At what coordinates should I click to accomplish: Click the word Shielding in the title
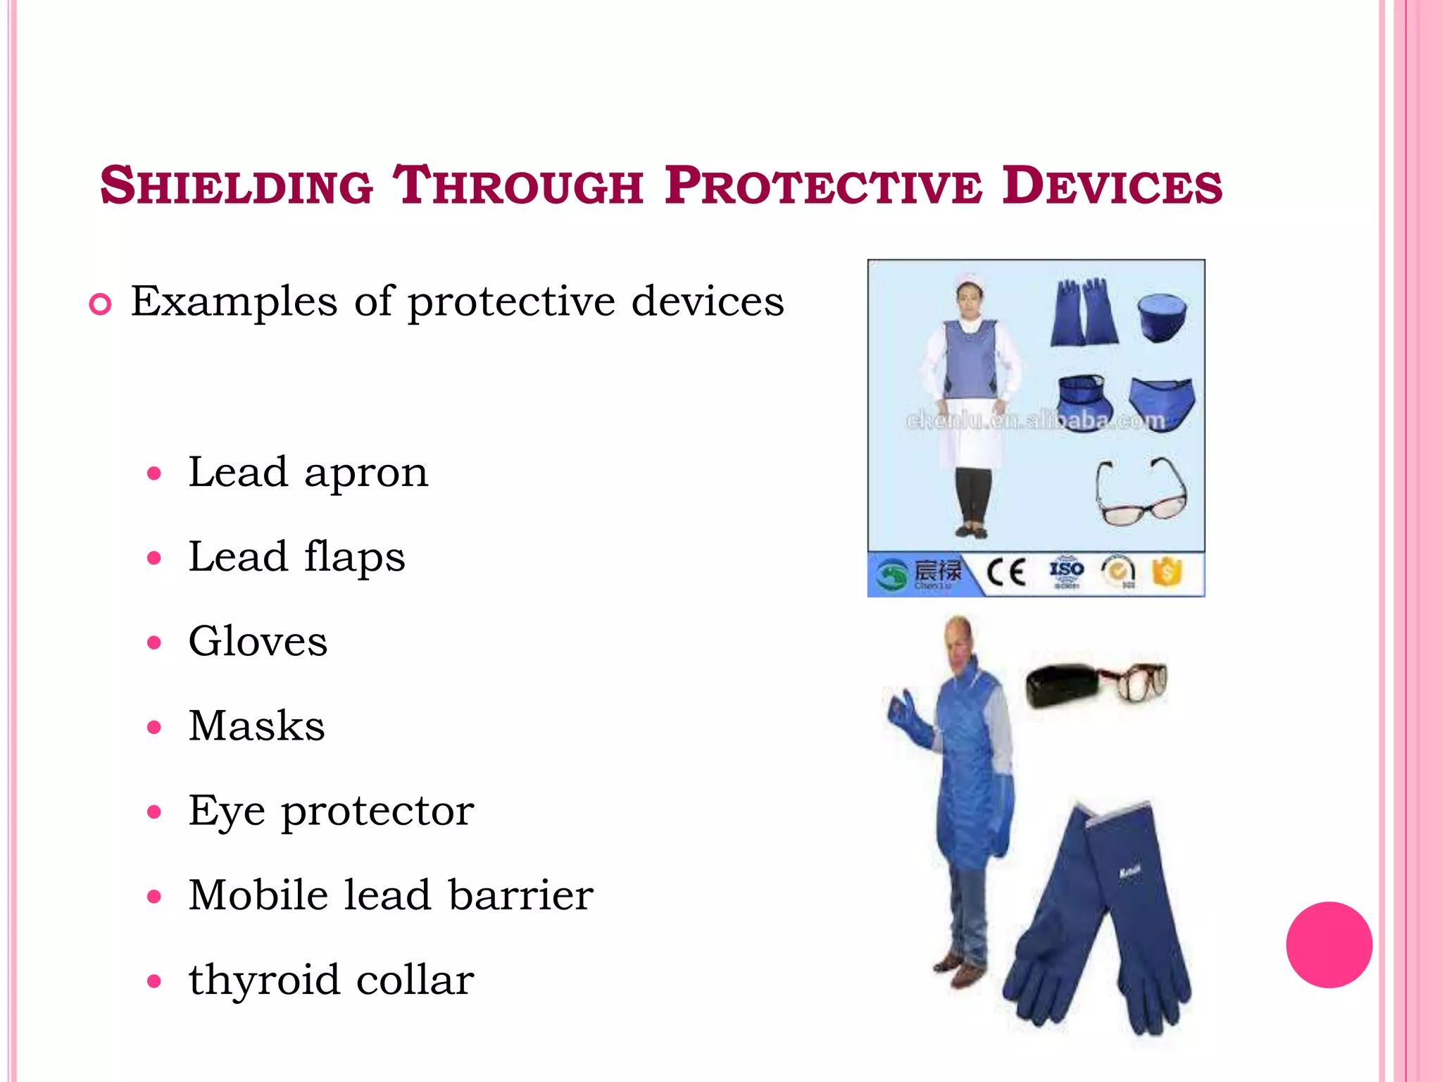(237, 186)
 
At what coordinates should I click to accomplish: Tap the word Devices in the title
(1112, 186)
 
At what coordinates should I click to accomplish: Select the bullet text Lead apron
(308, 472)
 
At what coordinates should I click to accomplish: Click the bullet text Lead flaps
(296, 556)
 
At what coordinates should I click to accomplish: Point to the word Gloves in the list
(258, 641)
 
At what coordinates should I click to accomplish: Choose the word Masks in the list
(256, 726)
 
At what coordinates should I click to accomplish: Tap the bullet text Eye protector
(331, 811)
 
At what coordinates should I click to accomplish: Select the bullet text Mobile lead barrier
(391, 895)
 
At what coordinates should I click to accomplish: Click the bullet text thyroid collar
(331, 980)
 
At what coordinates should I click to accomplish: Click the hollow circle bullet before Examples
(101, 304)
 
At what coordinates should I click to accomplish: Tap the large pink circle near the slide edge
(1329, 945)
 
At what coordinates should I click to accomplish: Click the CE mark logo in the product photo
(1005, 573)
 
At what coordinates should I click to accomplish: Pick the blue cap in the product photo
(1162, 317)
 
